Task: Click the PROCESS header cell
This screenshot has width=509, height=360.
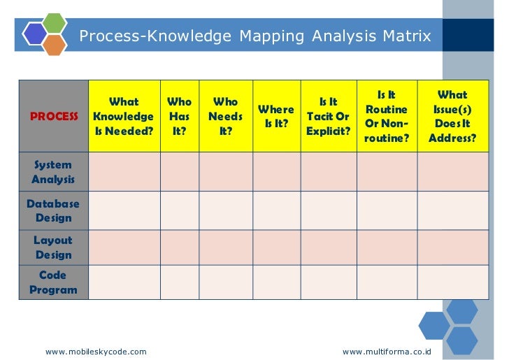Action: (54, 116)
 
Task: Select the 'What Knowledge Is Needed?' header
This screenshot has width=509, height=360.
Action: (124, 116)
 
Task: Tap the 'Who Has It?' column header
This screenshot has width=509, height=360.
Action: (180, 116)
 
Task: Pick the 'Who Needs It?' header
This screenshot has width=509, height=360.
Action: (225, 116)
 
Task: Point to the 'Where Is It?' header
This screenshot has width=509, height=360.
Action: (276, 117)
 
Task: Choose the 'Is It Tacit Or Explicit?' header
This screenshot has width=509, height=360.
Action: (328, 116)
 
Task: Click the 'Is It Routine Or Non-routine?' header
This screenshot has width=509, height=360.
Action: (386, 116)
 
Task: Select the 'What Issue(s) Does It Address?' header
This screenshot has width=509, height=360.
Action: (452, 116)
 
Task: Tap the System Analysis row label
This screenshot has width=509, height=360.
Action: (53, 172)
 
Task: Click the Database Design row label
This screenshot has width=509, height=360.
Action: (53, 210)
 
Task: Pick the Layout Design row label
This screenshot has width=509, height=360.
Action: (53, 247)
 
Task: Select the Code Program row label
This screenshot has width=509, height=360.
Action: (53, 282)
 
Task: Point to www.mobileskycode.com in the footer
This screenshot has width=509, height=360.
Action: (96, 351)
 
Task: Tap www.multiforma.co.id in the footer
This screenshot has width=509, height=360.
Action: (387, 351)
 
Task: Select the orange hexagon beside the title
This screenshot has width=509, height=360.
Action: (55, 45)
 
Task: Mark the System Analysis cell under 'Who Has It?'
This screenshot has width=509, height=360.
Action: (180, 172)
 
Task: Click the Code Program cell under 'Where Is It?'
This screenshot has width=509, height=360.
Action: (276, 282)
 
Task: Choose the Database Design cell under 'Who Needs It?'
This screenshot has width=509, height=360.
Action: (225, 210)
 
